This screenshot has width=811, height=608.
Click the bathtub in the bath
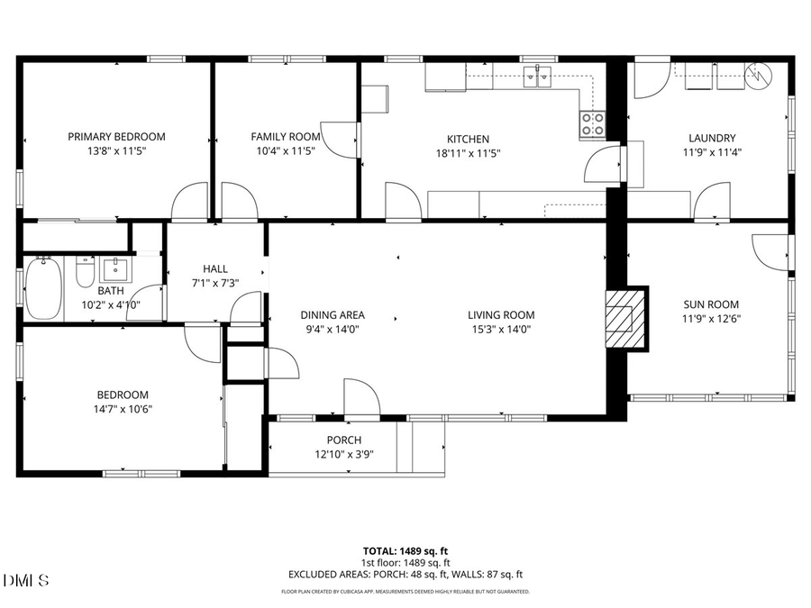point(42,288)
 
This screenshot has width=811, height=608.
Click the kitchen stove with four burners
point(592,124)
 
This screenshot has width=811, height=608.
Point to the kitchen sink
point(542,77)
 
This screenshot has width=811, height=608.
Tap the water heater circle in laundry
point(760,75)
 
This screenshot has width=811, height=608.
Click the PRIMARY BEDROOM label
point(116,137)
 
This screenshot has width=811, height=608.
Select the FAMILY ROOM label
point(285,137)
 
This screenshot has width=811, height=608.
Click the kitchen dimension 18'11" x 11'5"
point(469,153)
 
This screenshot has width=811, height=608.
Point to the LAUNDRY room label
point(712,138)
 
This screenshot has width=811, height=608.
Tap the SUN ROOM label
point(712,304)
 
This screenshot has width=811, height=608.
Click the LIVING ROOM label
point(501,315)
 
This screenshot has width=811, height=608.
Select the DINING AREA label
point(333,315)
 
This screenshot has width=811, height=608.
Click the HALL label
point(215,268)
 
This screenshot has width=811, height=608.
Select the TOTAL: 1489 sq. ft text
point(405,549)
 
